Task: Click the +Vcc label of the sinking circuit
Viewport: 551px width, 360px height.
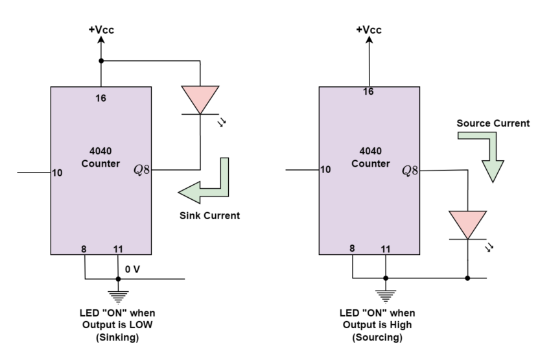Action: (100, 30)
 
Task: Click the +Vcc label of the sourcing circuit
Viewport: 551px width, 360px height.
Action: (368, 30)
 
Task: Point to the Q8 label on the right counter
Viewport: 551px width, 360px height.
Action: (410, 171)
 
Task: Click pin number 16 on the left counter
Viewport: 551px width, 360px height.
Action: (100, 99)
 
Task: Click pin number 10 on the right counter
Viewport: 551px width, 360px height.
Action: (325, 170)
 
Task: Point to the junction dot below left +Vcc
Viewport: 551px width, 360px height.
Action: (100, 62)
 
